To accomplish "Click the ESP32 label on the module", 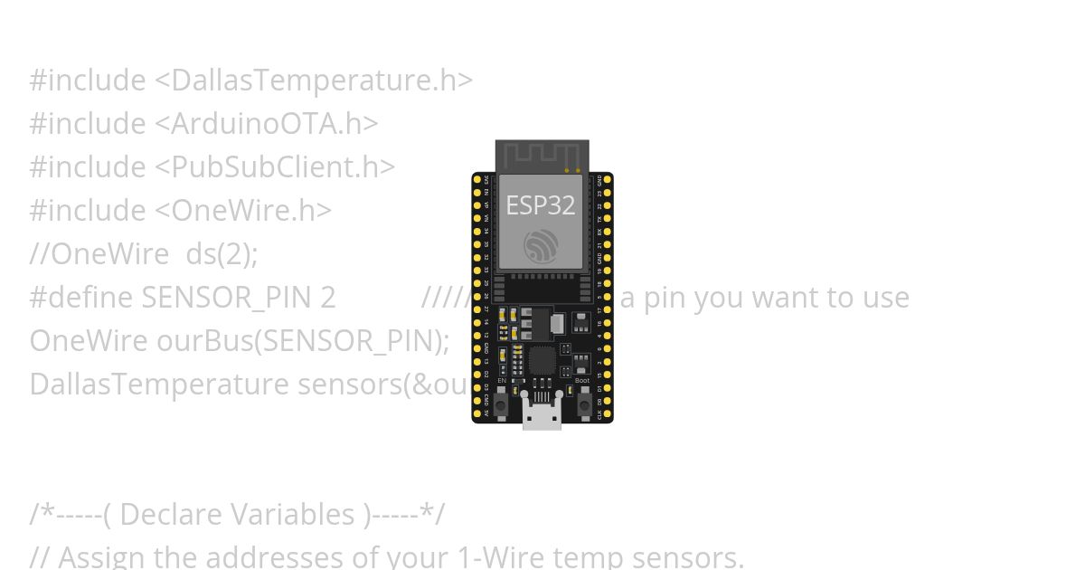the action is pyautogui.click(x=540, y=205).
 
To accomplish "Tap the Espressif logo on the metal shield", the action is pyautogui.click(x=541, y=246).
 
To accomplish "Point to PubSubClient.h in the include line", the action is pyautogui.click(x=274, y=167).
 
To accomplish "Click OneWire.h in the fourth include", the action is pyautogui.click(x=242, y=211).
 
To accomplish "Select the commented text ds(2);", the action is pyautogui.click(x=222, y=254).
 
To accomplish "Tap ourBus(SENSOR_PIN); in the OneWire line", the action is pyautogui.click(x=303, y=341).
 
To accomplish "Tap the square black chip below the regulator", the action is pyautogui.click(x=542, y=361).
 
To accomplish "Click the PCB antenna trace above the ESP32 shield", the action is pyautogui.click(x=542, y=156).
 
